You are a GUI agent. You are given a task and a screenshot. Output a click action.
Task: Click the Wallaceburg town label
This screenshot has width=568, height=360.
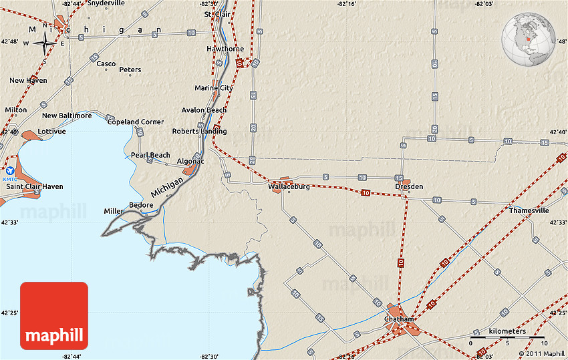(x=289, y=187)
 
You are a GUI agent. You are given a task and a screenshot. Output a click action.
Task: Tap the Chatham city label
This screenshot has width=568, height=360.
(x=399, y=319)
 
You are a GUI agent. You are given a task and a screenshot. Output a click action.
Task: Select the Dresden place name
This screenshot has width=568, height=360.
(x=409, y=187)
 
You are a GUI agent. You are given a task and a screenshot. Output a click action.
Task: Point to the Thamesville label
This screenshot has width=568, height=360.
(x=529, y=210)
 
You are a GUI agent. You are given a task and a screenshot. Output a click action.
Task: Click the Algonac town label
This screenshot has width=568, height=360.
(x=190, y=162)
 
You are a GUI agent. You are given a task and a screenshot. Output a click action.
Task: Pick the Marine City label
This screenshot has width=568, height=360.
(x=214, y=88)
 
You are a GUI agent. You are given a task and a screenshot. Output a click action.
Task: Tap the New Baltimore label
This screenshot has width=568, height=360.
(x=67, y=116)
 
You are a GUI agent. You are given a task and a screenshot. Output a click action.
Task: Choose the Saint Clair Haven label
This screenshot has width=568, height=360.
(x=35, y=186)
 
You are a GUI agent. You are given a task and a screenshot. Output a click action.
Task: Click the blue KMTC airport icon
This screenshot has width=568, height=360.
(x=10, y=171)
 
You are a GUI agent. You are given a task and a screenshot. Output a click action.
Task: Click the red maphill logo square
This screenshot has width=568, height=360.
(x=54, y=316)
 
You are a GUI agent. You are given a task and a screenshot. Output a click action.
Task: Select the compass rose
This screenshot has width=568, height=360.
(x=45, y=44)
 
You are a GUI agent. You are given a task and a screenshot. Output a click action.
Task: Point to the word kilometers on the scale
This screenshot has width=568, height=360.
(x=507, y=331)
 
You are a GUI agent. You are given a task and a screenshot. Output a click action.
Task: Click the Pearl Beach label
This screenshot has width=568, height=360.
(x=150, y=155)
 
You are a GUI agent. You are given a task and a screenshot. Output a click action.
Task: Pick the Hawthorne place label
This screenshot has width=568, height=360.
(x=225, y=49)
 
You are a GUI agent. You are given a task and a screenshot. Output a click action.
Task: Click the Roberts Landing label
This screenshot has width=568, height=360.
(x=199, y=132)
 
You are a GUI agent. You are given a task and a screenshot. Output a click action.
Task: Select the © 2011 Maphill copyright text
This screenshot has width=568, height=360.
(x=541, y=354)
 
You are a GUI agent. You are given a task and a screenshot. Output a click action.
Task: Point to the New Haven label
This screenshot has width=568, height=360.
(x=28, y=81)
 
